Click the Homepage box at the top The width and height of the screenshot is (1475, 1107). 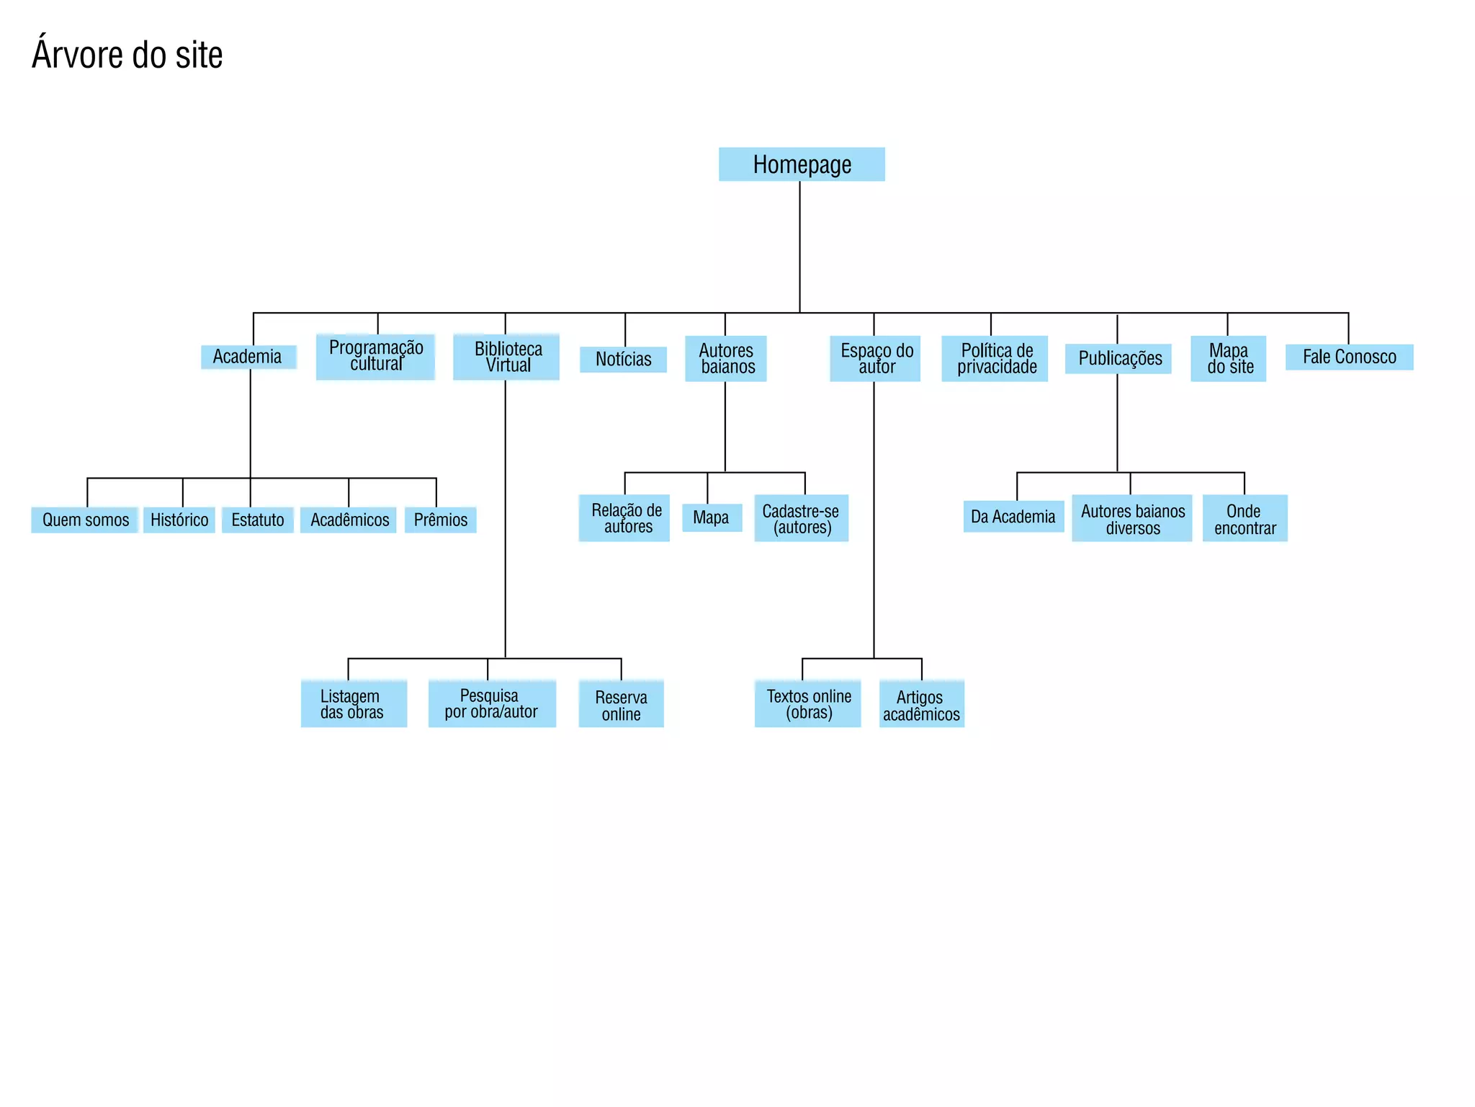[x=802, y=164]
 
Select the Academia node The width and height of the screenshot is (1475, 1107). [x=248, y=357]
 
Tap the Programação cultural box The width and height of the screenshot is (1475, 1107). [x=375, y=356]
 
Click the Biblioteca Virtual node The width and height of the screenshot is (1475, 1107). [x=506, y=357]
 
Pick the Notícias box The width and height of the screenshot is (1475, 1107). [x=623, y=359]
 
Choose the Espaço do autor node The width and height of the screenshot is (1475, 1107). [x=875, y=358]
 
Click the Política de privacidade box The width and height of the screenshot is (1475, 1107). [x=995, y=358]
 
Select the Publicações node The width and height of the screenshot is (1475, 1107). [x=1118, y=358]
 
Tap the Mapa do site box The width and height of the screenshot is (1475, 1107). [x=1229, y=358]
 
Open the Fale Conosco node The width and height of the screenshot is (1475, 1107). [x=1349, y=357]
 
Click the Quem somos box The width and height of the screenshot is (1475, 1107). [x=85, y=520]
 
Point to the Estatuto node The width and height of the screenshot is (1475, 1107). [x=257, y=520]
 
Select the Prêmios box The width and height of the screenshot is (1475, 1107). [x=440, y=520]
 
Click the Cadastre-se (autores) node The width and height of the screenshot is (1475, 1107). [x=801, y=518]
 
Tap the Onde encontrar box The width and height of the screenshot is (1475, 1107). [x=1245, y=518]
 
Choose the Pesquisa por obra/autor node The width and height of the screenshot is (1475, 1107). [x=492, y=703]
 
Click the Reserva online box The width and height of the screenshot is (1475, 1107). [x=621, y=704]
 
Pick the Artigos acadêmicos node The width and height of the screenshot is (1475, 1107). [x=921, y=704]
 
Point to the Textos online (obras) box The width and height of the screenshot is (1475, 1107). [x=807, y=703]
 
